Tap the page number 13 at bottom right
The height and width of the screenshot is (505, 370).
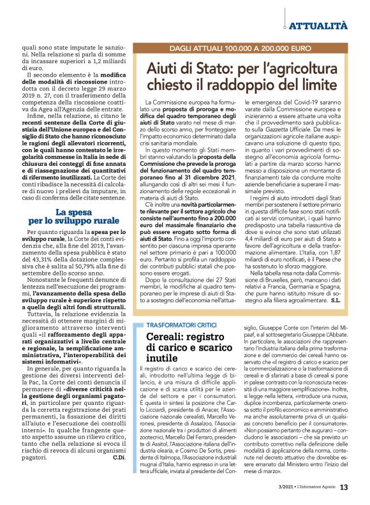pyautogui.click(x=344, y=488)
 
